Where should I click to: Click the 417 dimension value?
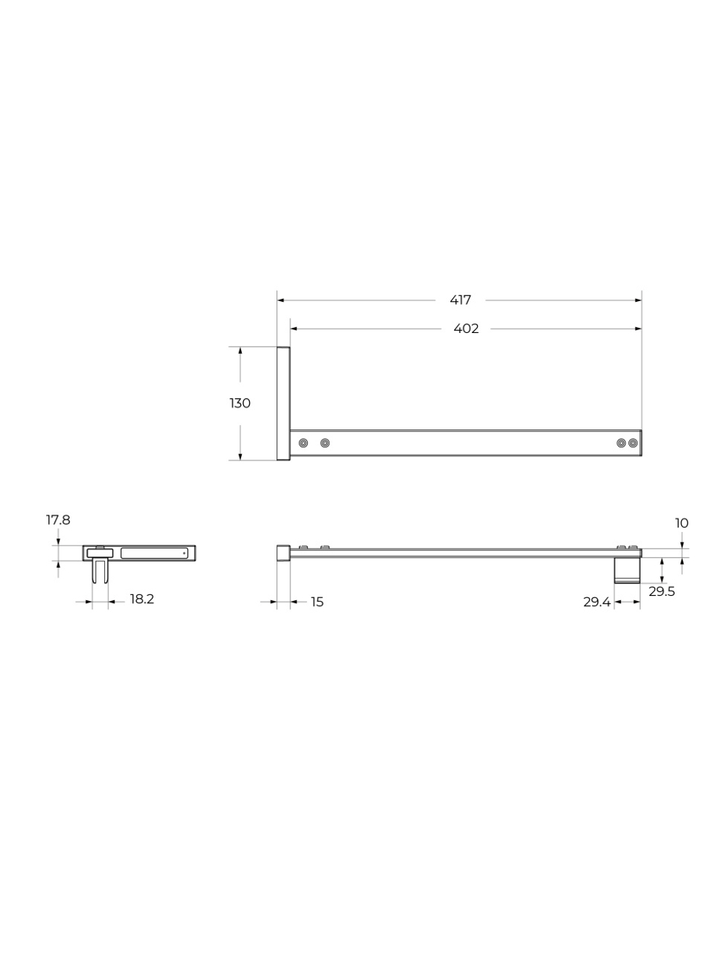460,300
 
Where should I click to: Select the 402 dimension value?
466,329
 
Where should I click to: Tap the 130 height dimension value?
240,403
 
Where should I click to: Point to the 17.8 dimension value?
58,520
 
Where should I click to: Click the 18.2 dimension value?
142,599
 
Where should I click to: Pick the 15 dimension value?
317,602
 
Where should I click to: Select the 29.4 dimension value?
597,602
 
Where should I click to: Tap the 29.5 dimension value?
662,591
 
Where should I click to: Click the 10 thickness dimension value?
681,523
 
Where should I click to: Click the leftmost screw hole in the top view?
303,442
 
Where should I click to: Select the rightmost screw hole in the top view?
633,442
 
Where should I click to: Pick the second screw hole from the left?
325,442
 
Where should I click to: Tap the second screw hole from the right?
620,442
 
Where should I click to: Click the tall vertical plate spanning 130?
283,403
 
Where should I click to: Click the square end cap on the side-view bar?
283,554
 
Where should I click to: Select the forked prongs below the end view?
100,572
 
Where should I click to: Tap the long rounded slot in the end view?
153,553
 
